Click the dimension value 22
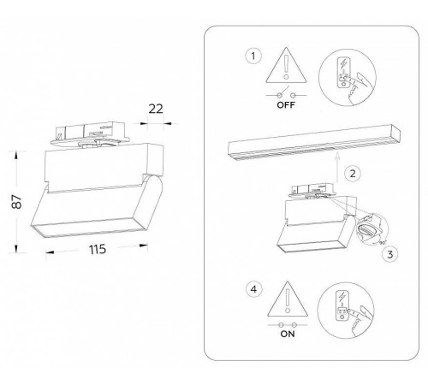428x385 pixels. click(156, 109)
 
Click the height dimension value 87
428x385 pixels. click(17, 202)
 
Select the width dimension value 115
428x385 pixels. click(98, 249)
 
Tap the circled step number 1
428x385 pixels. click(253, 56)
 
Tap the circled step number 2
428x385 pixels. click(353, 174)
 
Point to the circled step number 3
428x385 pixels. click(390, 254)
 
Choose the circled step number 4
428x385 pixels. click(253, 289)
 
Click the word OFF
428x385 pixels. click(286, 105)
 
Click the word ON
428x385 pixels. click(288, 334)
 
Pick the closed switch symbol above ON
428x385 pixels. click(288, 325)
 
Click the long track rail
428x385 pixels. click(314, 142)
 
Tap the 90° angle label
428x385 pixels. click(382, 243)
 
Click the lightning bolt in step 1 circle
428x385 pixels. click(344, 64)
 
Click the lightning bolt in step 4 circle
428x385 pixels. click(342, 298)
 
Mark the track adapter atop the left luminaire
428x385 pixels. click(90, 133)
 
